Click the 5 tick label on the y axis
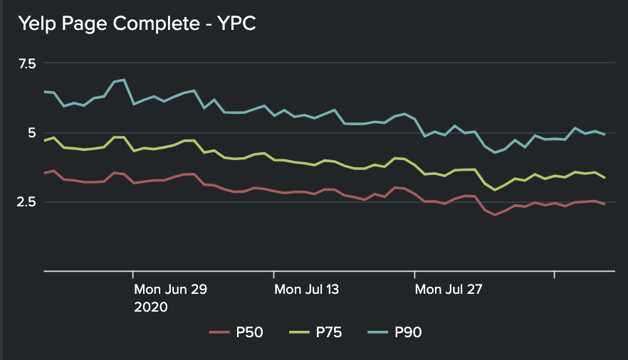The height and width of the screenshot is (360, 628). [x=31, y=132]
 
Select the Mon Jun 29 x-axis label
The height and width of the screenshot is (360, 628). [x=170, y=290]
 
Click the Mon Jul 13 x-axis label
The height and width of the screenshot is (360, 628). [x=307, y=290]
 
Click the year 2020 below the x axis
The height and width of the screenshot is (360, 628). [x=151, y=307]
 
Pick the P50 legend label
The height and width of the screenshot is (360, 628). [x=250, y=332]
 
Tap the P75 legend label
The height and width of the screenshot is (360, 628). [x=330, y=332]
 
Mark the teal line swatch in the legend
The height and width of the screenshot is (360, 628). [x=377, y=332]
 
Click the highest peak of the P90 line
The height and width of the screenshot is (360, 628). [x=124, y=80]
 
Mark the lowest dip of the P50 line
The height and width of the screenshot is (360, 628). [x=495, y=214]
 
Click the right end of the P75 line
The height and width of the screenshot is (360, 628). [x=605, y=178]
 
